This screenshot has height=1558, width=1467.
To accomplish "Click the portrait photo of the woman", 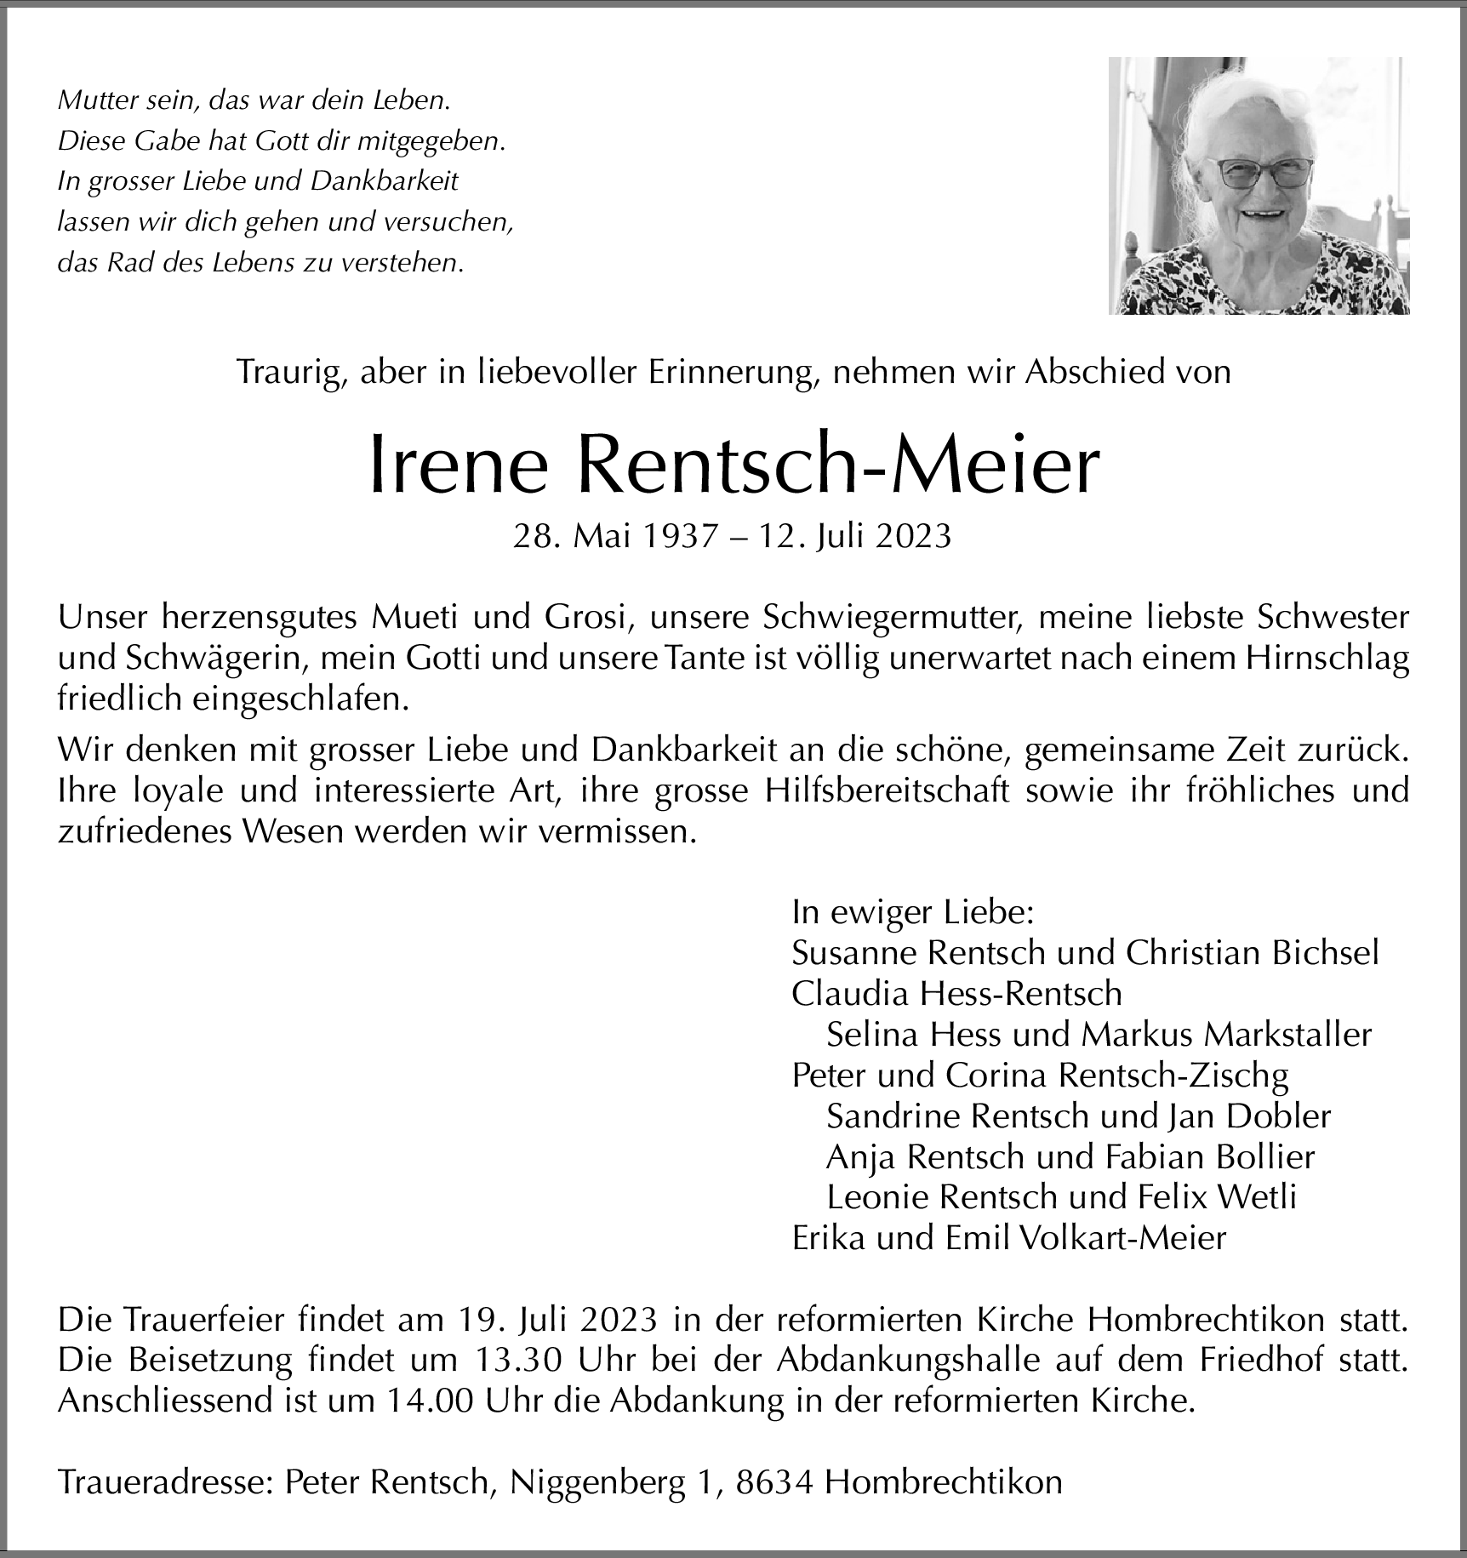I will point(1259,185).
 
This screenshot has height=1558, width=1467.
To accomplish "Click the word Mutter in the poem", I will point(92,100).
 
